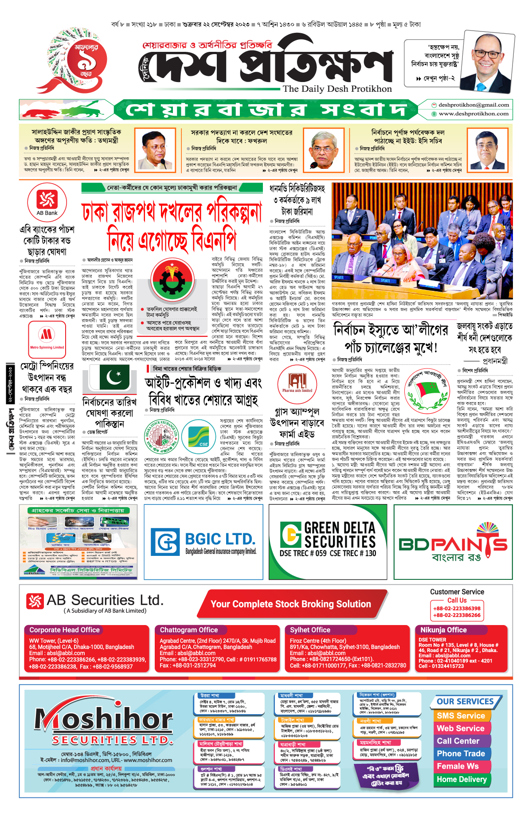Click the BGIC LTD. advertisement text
[220, 539]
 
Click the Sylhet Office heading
[310, 630]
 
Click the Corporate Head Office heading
[64, 630]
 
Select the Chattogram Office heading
[189, 630]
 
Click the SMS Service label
[461, 715]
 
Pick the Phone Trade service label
[461, 754]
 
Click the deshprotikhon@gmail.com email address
[473, 105]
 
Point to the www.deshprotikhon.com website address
[473, 114]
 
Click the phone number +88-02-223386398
[457, 609]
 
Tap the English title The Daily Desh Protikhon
[337, 89]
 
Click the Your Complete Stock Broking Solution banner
[290, 604]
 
